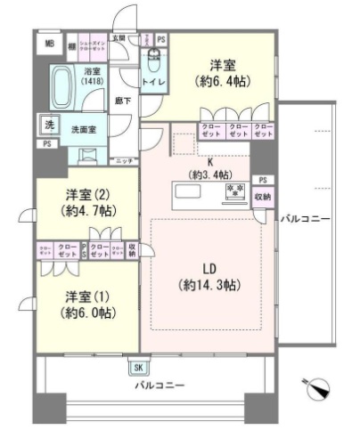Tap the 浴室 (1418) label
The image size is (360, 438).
tap(92, 76)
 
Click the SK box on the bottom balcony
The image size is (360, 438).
tap(138, 367)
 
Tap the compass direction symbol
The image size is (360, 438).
tap(317, 388)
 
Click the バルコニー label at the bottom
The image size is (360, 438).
tap(160, 385)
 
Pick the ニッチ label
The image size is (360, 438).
tap(125, 159)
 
